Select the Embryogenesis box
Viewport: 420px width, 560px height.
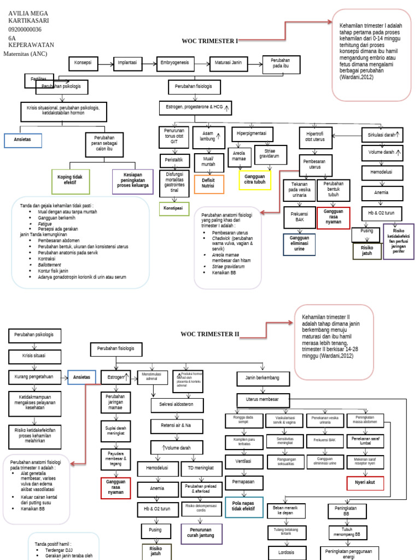tap(175, 63)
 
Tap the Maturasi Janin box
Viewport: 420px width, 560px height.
tap(229, 63)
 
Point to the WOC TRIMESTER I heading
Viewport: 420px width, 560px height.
tap(210, 41)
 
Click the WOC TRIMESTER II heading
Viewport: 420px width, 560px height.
tap(210, 335)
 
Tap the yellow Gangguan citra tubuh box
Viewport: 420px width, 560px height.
tap(255, 179)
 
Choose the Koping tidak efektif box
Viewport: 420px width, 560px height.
tap(70, 180)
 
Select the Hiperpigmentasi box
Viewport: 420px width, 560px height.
tap(251, 133)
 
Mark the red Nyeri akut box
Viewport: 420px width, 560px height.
tap(365, 483)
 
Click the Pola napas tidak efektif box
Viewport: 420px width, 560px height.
tap(244, 507)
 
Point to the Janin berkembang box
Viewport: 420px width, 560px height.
tap(266, 378)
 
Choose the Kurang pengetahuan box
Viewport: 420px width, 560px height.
tap(34, 377)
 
